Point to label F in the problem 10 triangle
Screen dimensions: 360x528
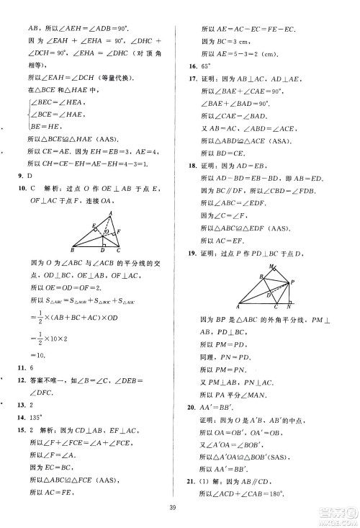[120, 231]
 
